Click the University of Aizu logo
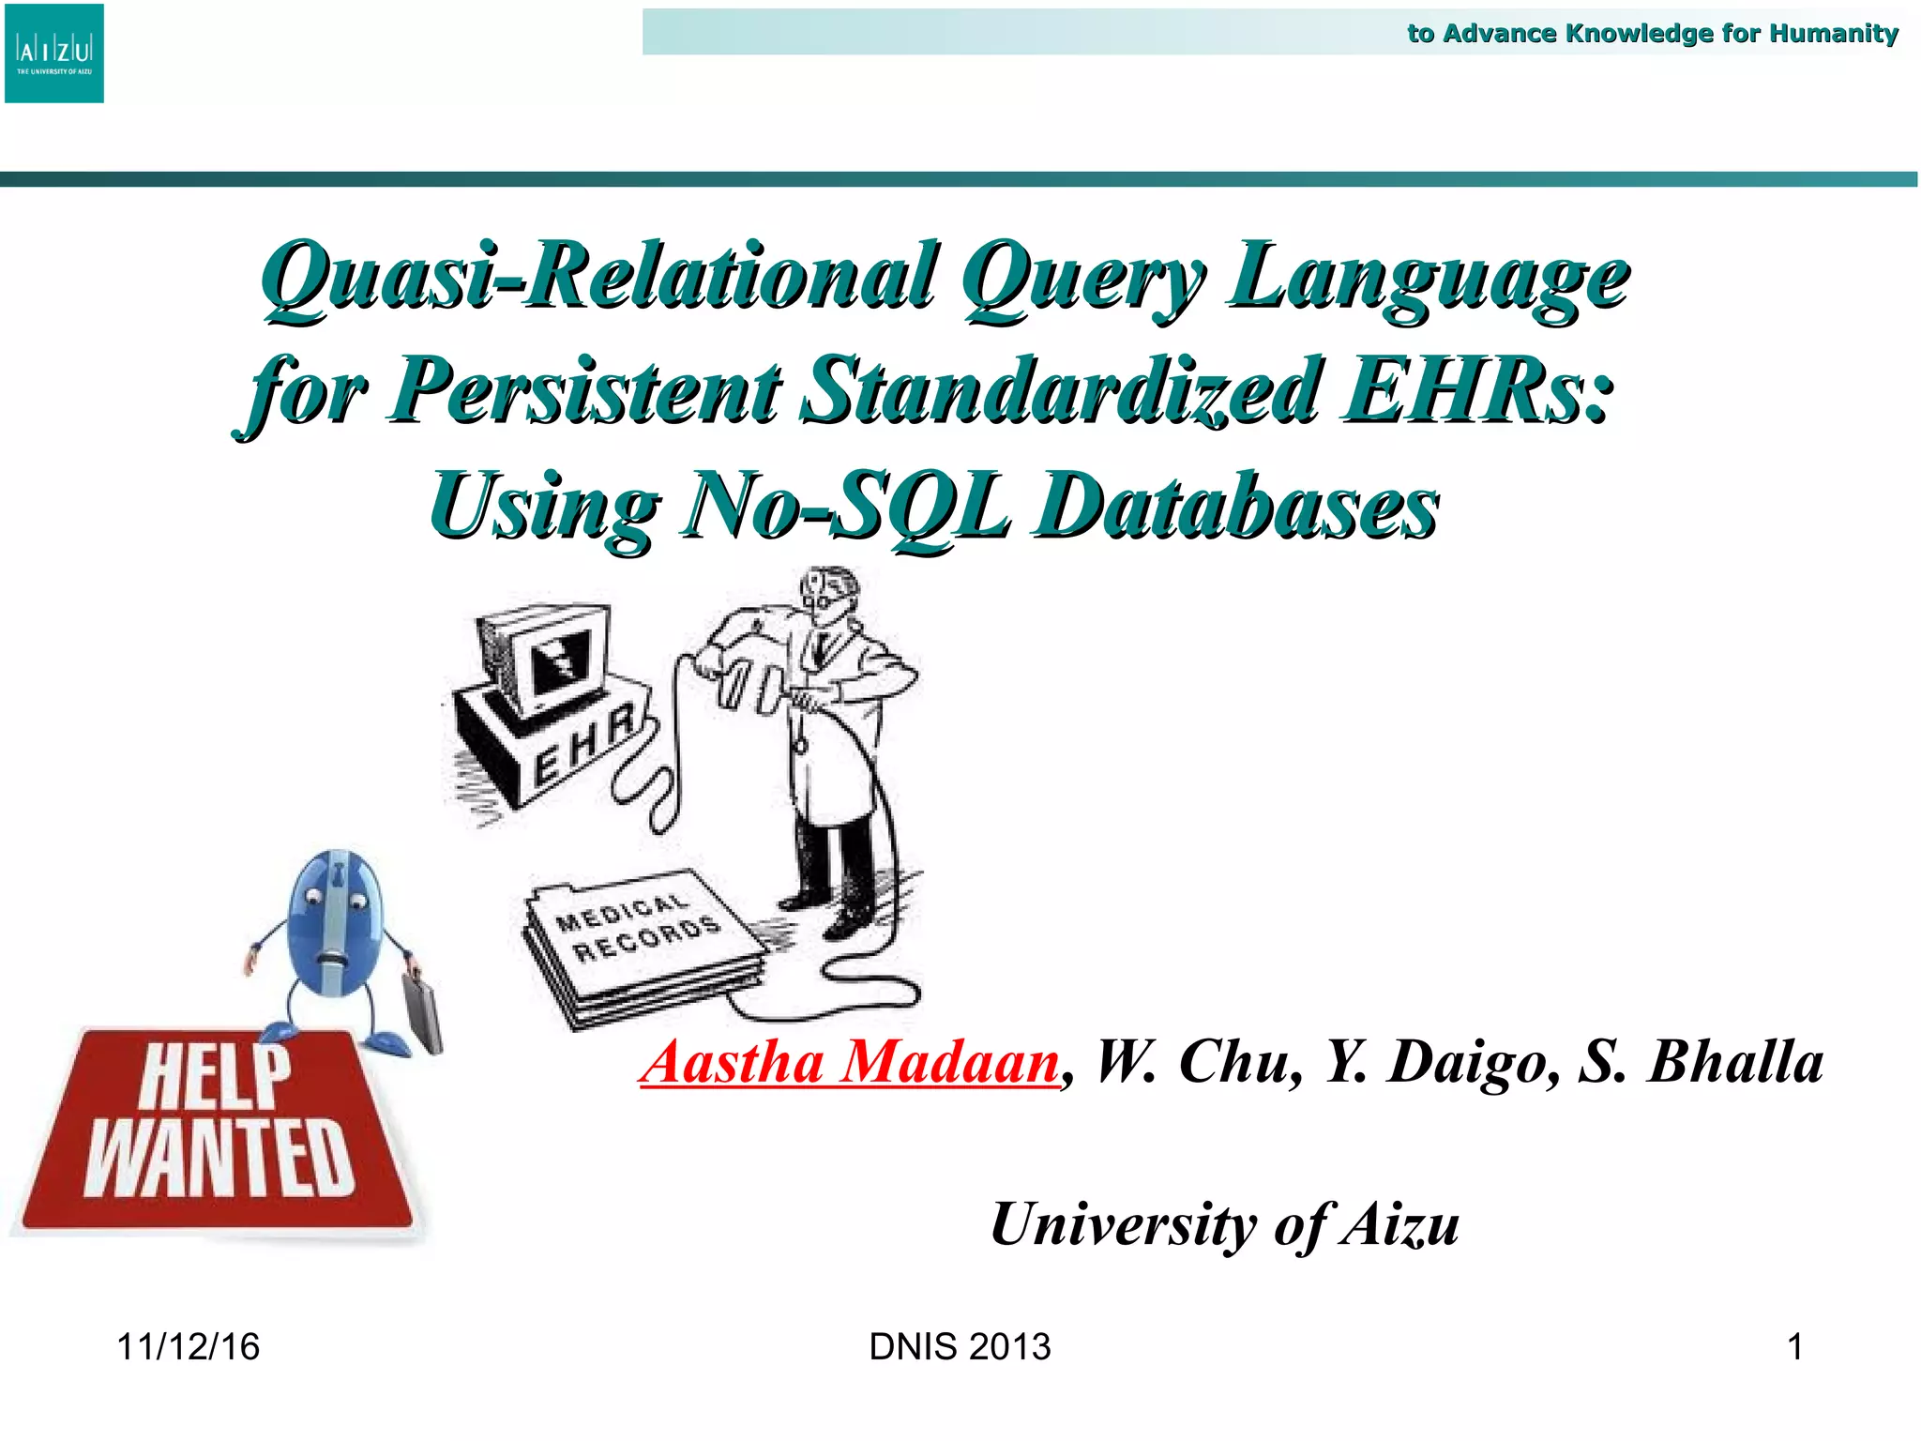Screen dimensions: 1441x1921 [54, 53]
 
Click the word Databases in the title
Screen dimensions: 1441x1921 [1235, 508]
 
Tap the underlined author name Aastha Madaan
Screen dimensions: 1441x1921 [850, 1063]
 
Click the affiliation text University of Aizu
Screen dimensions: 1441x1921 [1225, 1225]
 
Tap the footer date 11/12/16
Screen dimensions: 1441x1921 [188, 1347]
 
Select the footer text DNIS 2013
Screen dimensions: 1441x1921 [960, 1347]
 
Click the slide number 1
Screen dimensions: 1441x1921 [1794, 1347]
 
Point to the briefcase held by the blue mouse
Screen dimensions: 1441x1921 [423, 1011]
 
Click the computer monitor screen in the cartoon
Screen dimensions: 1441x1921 [559, 661]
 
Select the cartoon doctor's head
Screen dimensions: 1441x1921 [828, 593]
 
